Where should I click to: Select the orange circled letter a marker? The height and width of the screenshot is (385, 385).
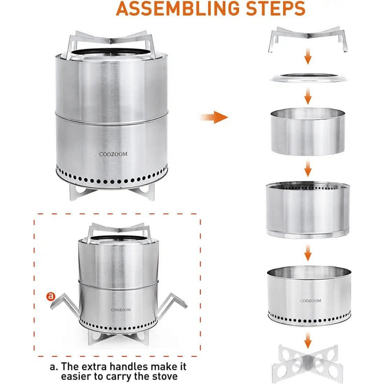50,296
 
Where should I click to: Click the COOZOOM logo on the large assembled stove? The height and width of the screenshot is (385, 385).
113,154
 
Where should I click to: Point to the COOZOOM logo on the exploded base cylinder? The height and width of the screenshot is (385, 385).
310,301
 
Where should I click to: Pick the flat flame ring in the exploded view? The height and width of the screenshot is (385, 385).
308,77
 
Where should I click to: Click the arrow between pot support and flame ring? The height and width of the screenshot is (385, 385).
307,58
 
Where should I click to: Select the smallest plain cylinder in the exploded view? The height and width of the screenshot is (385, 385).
308,132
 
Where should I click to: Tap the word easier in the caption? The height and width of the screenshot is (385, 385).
80,376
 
